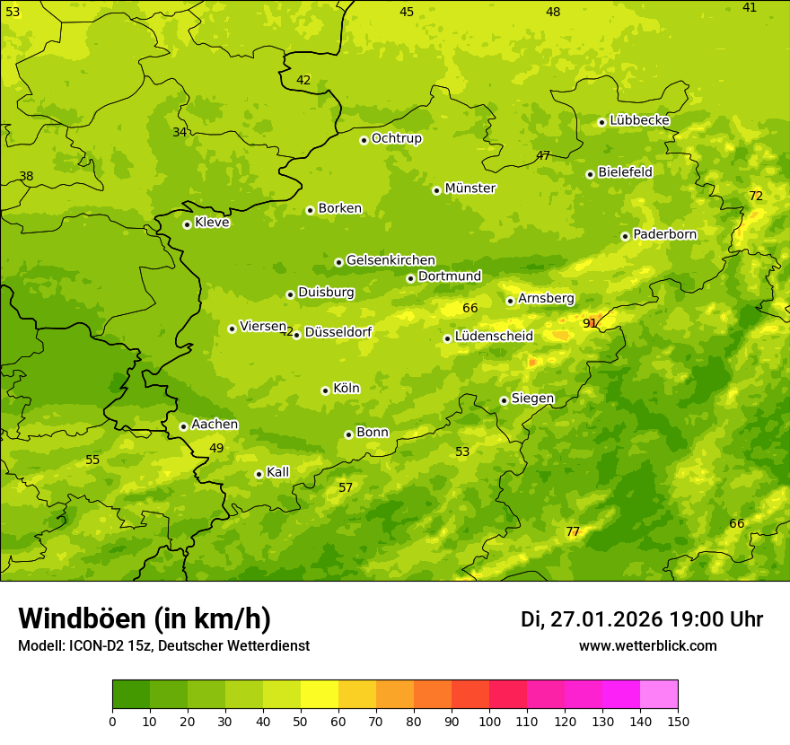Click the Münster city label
click(x=470, y=188)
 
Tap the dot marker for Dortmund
click(x=410, y=278)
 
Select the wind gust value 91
click(x=590, y=323)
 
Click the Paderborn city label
click(x=664, y=234)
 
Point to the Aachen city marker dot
click(x=183, y=426)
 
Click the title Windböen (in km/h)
click(x=145, y=618)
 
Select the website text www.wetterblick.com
click(x=647, y=646)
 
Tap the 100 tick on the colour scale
click(x=489, y=721)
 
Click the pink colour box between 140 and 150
click(x=659, y=695)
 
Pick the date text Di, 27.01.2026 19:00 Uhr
click(x=642, y=619)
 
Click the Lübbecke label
click(x=639, y=120)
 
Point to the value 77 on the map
click(x=573, y=531)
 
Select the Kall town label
click(x=277, y=472)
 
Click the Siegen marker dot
click(x=504, y=400)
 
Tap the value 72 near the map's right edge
click(x=756, y=196)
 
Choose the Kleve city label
click(x=212, y=223)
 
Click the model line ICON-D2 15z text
click(x=163, y=646)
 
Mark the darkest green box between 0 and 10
click(x=131, y=695)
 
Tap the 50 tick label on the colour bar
click(x=301, y=721)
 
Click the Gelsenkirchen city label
click(x=391, y=260)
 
